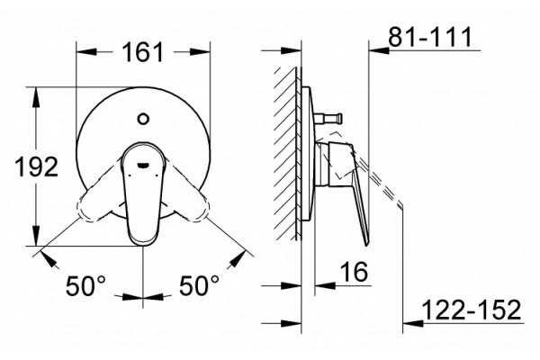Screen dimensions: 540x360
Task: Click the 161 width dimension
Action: [x=143, y=52]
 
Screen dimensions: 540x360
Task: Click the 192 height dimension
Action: [x=37, y=166]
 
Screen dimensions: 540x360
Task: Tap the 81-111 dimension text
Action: [x=430, y=37]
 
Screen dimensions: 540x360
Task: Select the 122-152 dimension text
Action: [x=471, y=310]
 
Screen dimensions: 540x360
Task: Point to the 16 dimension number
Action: [x=355, y=272]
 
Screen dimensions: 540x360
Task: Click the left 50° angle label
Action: [x=85, y=285]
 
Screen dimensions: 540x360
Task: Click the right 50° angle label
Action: [x=199, y=285]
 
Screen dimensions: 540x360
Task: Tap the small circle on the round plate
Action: [x=142, y=119]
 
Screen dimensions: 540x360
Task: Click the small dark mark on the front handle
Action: [x=142, y=165]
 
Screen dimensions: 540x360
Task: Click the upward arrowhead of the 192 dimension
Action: [x=36, y=97]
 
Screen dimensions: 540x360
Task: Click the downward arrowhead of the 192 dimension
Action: [x=36, y=236]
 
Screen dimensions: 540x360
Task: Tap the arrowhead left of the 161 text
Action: [x=86, y=51]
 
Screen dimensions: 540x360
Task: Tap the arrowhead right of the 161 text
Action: [x=200, y=51]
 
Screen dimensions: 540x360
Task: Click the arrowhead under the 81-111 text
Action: [x=379, y=50]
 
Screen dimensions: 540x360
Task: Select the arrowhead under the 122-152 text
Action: [x=413, y=323]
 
